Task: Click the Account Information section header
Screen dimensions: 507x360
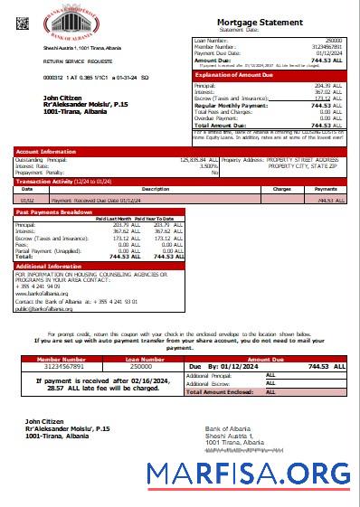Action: tap(46, 152)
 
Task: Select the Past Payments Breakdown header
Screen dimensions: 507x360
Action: tap(54, 211)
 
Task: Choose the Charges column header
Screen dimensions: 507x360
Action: tap(281, 189)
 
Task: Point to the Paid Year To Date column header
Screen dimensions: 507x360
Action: tap(160, 219)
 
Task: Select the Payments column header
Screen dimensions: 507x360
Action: tap(325, 189)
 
